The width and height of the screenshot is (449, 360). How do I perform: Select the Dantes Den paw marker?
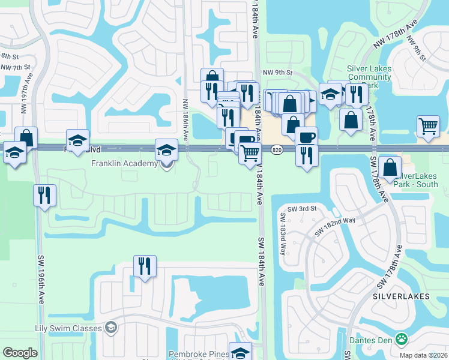click(401, 340)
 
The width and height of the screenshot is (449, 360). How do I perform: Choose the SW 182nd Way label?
click(337, 227)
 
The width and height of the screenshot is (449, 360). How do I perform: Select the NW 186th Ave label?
click(186, 121)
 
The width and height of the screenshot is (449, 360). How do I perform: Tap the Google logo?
click(20, 353)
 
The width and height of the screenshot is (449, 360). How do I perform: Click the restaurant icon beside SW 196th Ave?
click(44, 195)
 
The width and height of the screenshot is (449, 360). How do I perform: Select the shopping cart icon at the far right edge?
click(429, 126)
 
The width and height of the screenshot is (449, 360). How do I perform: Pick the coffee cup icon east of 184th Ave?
click(307, 137)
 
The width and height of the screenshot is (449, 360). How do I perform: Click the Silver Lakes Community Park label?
click(369, 77)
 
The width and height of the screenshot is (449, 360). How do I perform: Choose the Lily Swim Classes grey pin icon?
click(110, 328)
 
